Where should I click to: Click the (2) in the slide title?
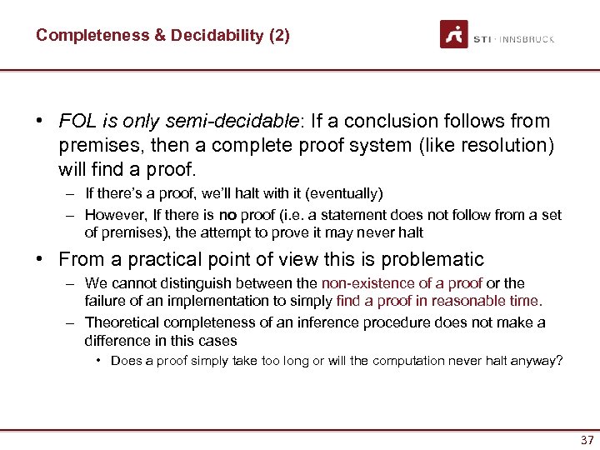point(279,36)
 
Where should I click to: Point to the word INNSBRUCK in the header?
point(528,39)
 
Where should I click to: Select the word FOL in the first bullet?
point(75,122)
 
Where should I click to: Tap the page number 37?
point(587,440)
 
